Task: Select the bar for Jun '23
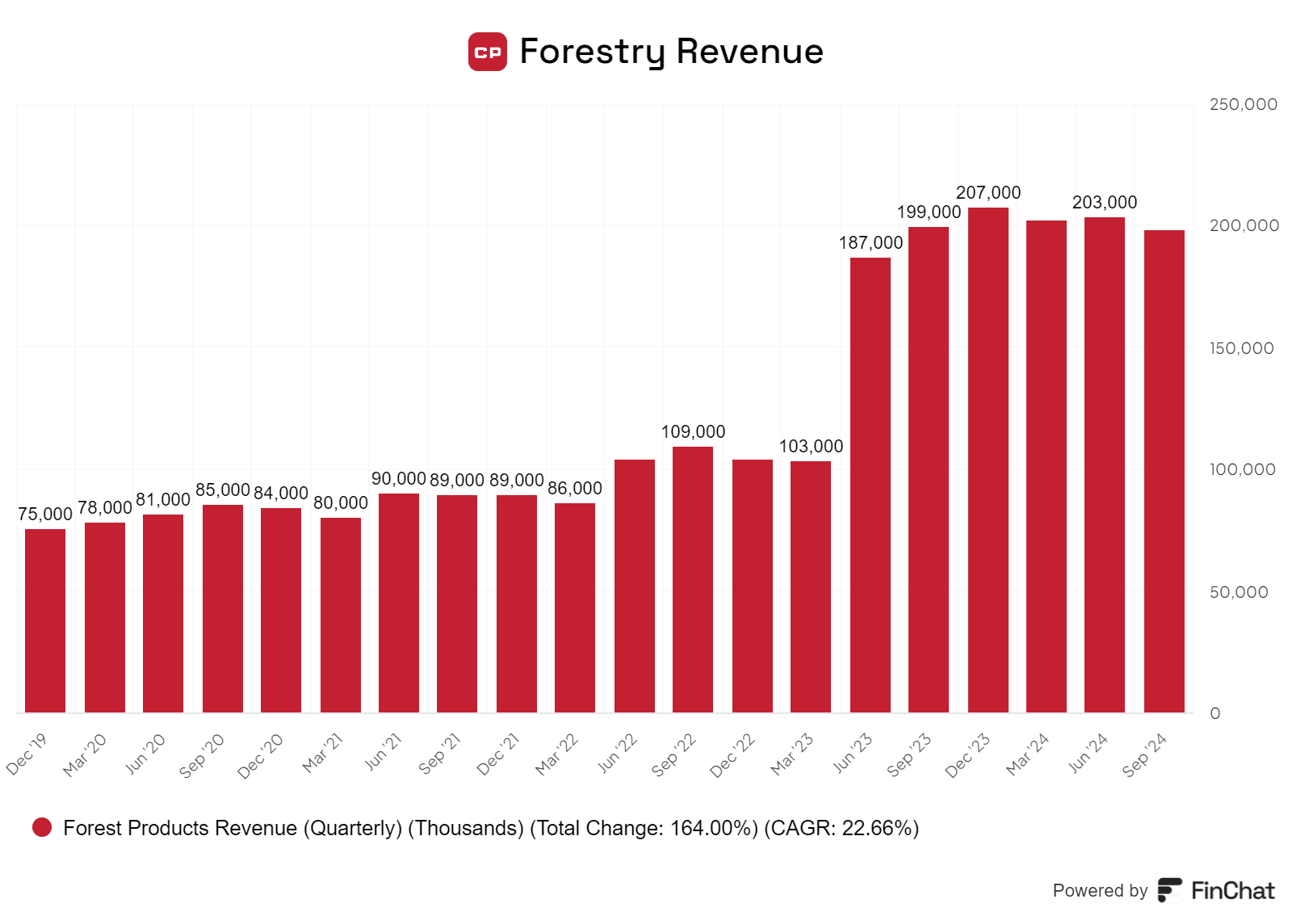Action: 870,485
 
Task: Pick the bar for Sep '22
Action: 693,579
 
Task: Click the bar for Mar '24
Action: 1047,466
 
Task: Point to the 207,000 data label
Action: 988,193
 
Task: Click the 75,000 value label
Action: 45,515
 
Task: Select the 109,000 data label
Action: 693,432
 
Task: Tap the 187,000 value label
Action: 870,243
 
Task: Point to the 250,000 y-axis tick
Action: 1243,104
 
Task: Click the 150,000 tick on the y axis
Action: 1241,348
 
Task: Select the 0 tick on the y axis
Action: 1214,713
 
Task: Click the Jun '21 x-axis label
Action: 383,752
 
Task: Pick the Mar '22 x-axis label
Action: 557,754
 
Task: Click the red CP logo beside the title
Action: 488,52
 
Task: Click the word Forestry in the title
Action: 592,52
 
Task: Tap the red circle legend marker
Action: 42,827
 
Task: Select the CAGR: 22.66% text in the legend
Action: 842,828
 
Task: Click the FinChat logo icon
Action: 1169,890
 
